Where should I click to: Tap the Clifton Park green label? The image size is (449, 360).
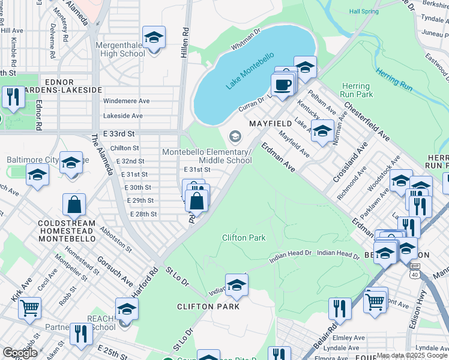click(x=244, y=238)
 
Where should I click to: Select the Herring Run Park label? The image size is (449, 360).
click(x=356, y=91)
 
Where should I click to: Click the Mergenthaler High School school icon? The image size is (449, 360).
click(x=154, y=37)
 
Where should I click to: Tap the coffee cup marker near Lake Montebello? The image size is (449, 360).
click(x=282, y=85)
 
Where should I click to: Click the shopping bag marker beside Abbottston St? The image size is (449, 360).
click(x=73, y=205)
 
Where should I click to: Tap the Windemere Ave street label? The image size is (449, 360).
click(x=126, y=101)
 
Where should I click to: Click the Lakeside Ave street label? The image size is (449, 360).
click(x=123, y=116)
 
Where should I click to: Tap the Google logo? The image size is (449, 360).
click(x=19, y=353)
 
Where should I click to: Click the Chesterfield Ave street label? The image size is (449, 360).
click(x=364, y=120)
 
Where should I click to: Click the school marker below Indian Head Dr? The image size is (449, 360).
click(x=237, y=284)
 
